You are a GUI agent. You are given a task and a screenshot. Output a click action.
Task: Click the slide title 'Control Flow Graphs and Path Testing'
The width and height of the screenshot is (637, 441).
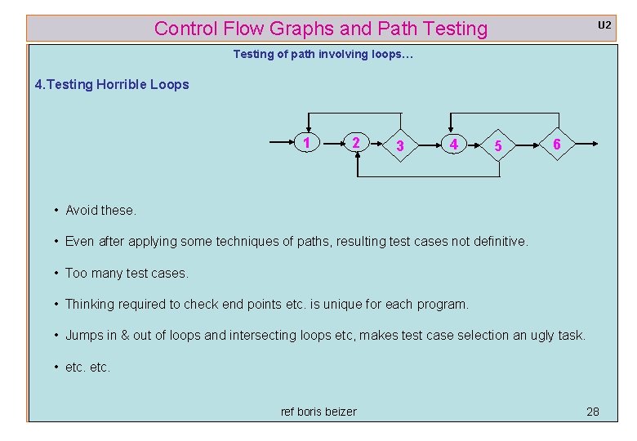(320, 29)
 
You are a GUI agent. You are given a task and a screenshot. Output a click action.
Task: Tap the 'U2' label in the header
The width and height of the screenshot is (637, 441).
(604, 25)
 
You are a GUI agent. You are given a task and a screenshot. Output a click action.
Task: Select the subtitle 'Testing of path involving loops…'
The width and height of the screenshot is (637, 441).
(323, 54)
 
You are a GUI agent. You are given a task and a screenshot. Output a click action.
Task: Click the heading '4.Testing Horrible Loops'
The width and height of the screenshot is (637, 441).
(112, 84)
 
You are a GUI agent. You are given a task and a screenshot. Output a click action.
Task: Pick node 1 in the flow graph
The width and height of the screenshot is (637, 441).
(306, 143)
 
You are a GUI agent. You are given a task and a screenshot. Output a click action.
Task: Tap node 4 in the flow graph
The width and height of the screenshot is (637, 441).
(453, 145)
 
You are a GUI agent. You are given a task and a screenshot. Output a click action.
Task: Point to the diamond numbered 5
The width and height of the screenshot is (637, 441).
(497, 146)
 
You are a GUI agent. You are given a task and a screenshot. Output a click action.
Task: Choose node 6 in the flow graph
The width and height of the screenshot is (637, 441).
(556, 144)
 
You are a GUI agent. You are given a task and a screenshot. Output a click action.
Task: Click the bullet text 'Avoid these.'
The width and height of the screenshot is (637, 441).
(100, 210)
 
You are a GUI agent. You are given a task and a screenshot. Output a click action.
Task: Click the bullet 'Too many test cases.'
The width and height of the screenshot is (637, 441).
(127, 273)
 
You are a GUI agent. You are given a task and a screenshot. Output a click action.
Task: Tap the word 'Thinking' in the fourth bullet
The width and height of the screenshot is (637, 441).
(90, 304)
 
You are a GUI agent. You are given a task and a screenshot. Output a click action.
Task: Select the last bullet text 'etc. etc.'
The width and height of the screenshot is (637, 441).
(87, 367)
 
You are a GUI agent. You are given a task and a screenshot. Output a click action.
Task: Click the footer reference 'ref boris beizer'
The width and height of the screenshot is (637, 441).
(318, 412)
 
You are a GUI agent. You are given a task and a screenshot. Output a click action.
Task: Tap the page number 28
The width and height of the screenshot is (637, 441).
(593, 412)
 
